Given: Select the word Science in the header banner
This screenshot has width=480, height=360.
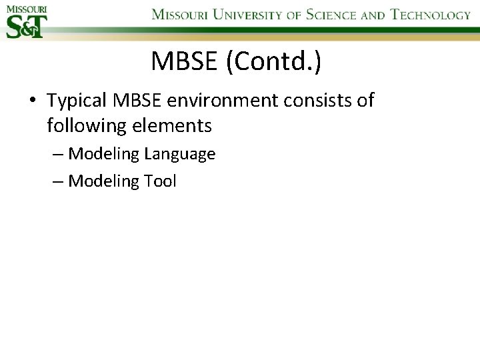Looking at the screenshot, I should click(331, 15).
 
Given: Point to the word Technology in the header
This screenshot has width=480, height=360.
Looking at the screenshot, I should click(431, 15).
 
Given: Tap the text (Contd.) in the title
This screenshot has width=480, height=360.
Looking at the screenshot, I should click(274, 61).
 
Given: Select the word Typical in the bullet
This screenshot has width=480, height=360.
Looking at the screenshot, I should click(77, 101).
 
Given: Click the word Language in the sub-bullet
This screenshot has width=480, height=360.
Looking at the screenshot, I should click(179, 154).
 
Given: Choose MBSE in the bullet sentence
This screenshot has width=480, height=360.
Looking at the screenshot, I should click(136, 101).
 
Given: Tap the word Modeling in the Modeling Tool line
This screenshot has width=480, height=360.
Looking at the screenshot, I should click(101, 181).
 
